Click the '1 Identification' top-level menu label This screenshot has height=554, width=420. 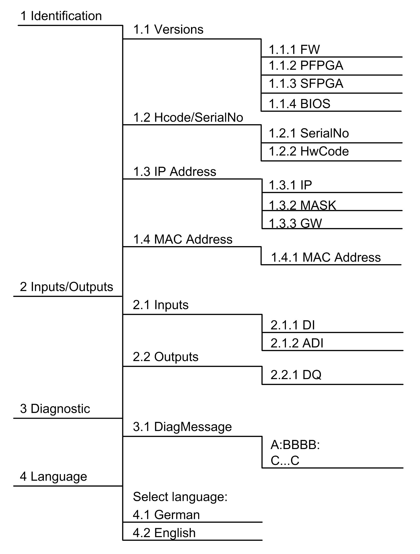[61, 16]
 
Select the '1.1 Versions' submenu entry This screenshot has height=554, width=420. [168, 29]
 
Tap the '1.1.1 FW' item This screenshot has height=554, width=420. [294, 50]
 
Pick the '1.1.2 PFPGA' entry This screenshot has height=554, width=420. [306, 65]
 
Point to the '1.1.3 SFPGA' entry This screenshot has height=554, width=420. [306, 83]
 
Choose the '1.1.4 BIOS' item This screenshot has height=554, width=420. [299, 104]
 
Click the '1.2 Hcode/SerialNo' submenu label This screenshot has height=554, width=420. [188, 117]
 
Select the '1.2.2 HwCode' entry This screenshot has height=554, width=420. [309, 151]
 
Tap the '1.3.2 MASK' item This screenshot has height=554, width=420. [303, 205]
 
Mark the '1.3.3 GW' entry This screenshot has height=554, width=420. [295, 223]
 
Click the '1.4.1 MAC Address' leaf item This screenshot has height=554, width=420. [326, 257]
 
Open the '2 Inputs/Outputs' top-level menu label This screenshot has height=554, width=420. [66, 287]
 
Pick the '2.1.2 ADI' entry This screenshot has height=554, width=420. [297, 343]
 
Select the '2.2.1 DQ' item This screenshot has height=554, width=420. [296, 375]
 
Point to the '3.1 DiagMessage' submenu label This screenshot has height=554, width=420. [182, 427]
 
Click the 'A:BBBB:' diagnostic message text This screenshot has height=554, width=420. [295, 445]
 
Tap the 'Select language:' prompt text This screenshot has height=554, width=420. [180, 497]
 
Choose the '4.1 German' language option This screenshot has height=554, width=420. [166, 515]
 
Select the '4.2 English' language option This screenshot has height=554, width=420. [164, 533]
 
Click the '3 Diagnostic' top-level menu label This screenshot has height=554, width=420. [55, 409]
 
